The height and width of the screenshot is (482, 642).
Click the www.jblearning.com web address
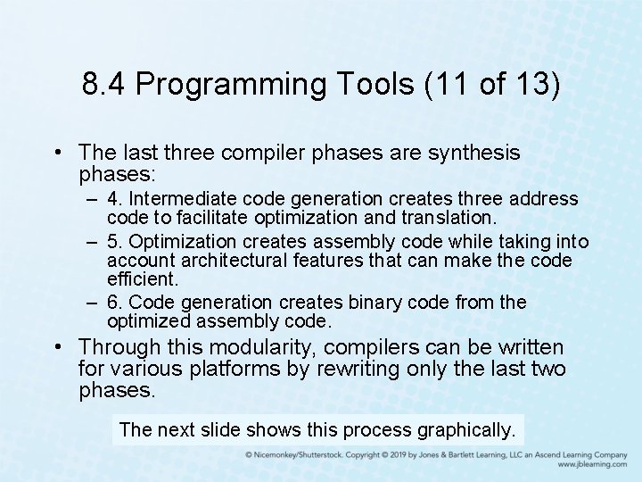[591, 465]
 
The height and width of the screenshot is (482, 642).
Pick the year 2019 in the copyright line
[394, 454]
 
